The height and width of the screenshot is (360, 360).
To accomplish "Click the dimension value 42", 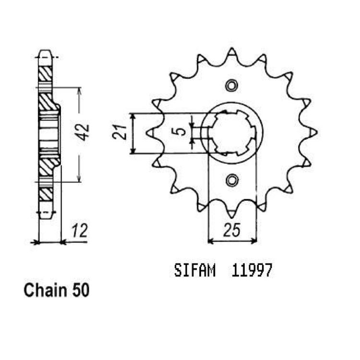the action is point(83,132).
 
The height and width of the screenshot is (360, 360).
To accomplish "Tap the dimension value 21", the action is point(120,132).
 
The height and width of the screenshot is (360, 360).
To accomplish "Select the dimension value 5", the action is point(181,132).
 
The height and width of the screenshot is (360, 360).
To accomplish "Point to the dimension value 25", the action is point(232,230).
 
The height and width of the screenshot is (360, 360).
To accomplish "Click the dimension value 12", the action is point(79,231).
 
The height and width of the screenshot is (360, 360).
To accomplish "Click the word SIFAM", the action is point(195,270).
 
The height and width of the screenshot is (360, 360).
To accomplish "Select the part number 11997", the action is point(252,270).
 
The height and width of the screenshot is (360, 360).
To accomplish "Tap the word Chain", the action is point(45,290).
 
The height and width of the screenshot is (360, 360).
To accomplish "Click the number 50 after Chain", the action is point(80,290).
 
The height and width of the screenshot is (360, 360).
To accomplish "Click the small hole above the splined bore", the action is point(231,85).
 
